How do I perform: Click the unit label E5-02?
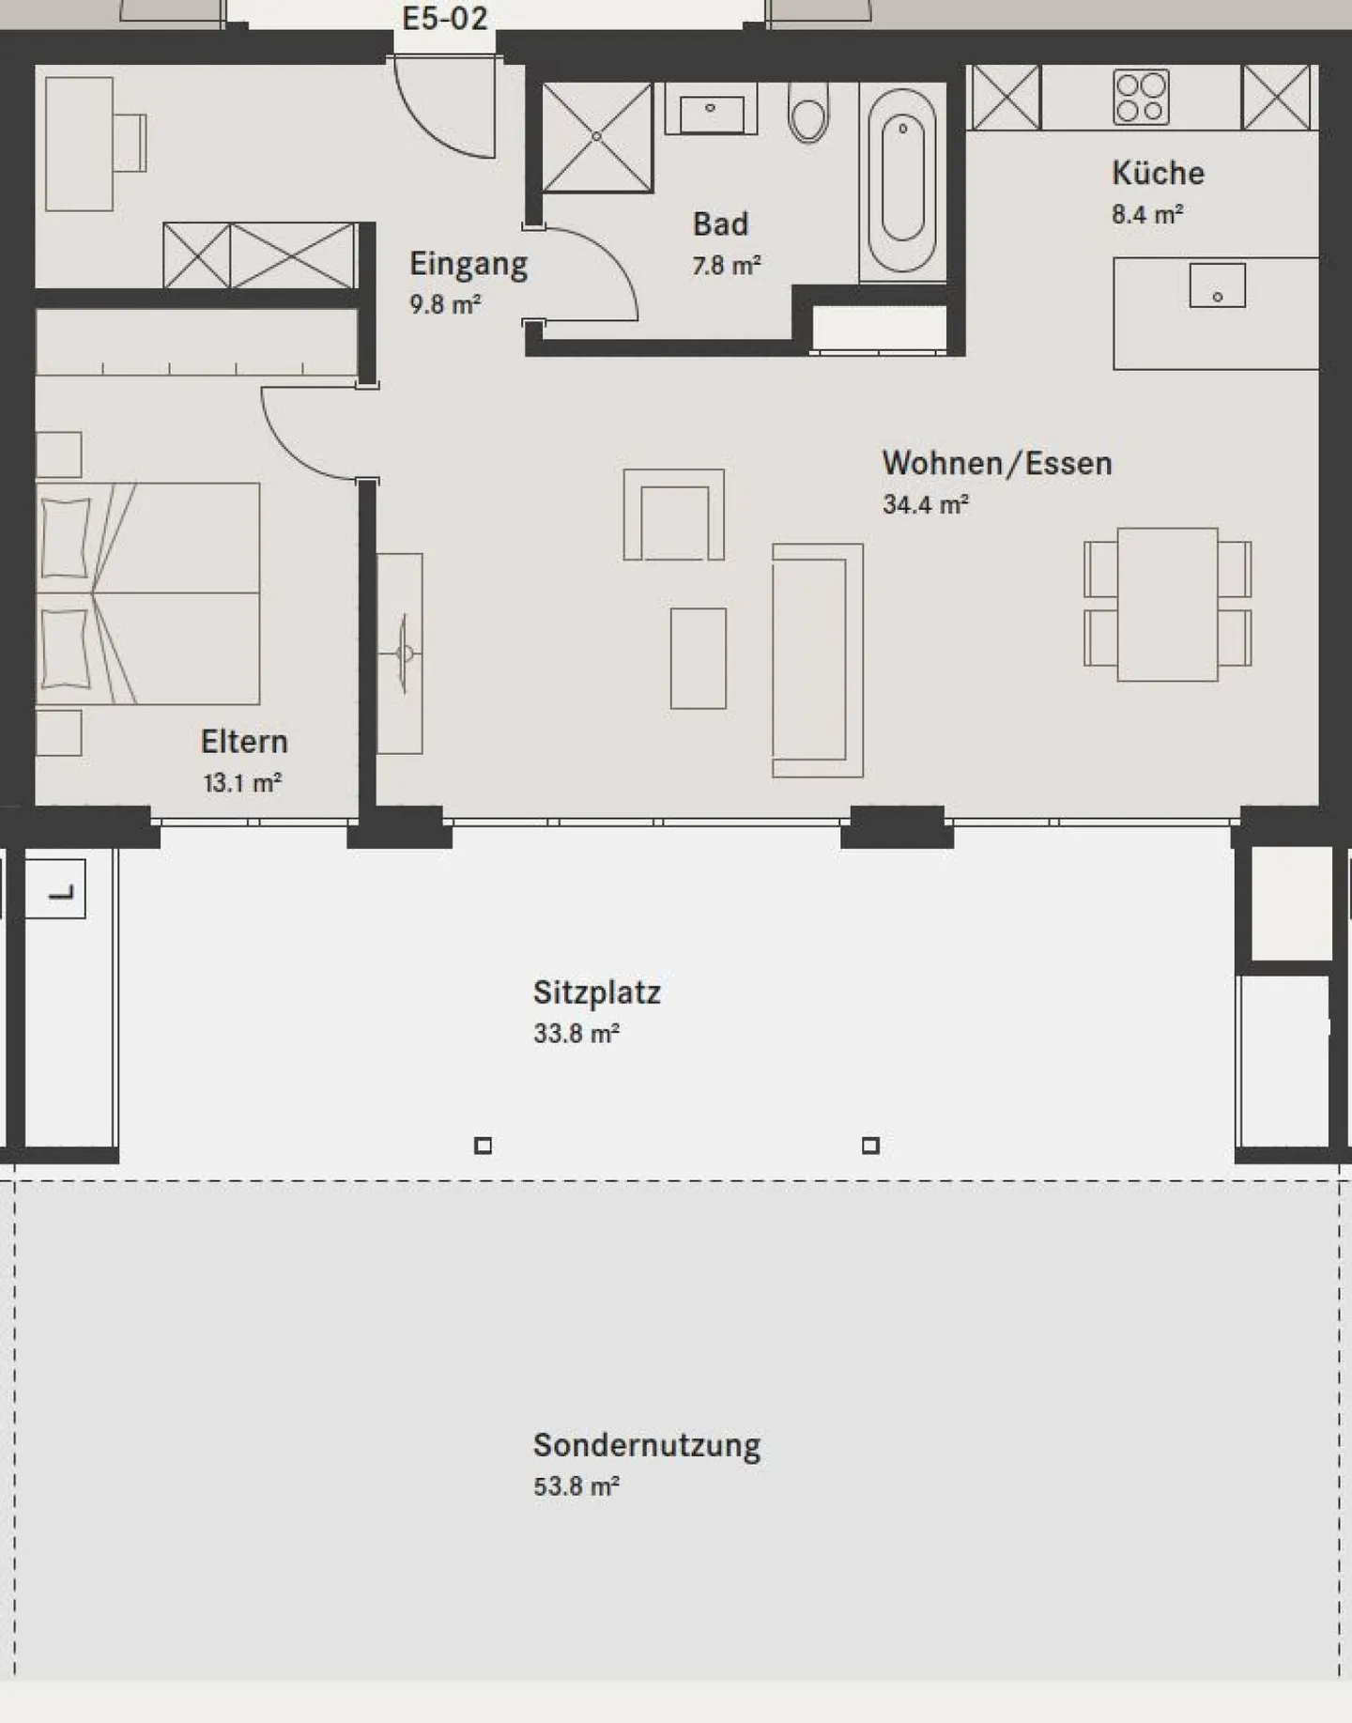[444, 19]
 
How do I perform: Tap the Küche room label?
[1158, 173]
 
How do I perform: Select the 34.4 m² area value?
[925, 505]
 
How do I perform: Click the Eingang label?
[468, 264]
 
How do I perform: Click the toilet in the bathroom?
[808, 112]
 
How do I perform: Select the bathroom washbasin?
[711, 110]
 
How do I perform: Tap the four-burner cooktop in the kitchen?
[1141, 97]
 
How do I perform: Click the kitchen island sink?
[1217, 285]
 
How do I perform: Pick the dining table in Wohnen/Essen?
[1167, 604]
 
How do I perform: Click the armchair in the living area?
[673, 515]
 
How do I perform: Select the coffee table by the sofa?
[698, 658]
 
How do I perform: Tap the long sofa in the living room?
[816, 660]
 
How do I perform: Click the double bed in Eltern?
[148, 593]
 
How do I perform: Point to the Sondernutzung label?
[646, 1445]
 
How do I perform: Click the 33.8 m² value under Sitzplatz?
[576, 1034]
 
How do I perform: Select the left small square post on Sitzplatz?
[483, 1146]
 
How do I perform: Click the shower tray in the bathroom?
[597, 137]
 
